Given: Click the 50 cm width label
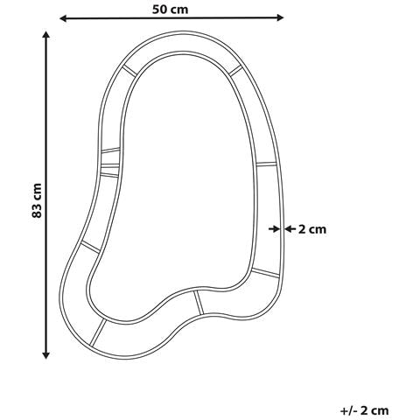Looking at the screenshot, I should pos(172,9).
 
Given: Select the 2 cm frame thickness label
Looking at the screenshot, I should pos(312,229).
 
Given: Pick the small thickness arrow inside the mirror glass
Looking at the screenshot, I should pos(272,228).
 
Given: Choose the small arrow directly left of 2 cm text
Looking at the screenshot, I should pos(289,228).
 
